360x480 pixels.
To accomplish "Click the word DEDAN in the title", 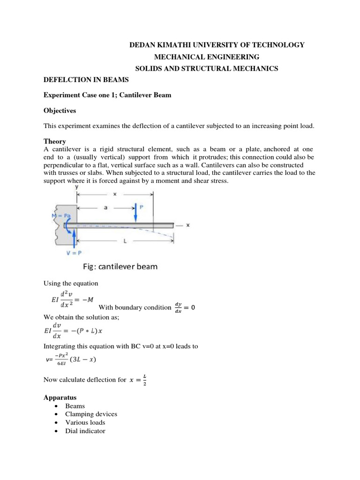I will tap(142, 45).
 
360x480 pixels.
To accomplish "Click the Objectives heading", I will tap(60, 112).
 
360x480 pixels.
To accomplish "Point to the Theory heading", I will tap(54, 141).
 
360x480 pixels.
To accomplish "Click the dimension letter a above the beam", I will tap(106, 207).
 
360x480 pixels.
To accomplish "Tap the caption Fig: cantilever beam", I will tap(120, 267).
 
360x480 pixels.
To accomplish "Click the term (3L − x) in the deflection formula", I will tap(91, 360).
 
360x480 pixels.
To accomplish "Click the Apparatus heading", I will tap(60, 397).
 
